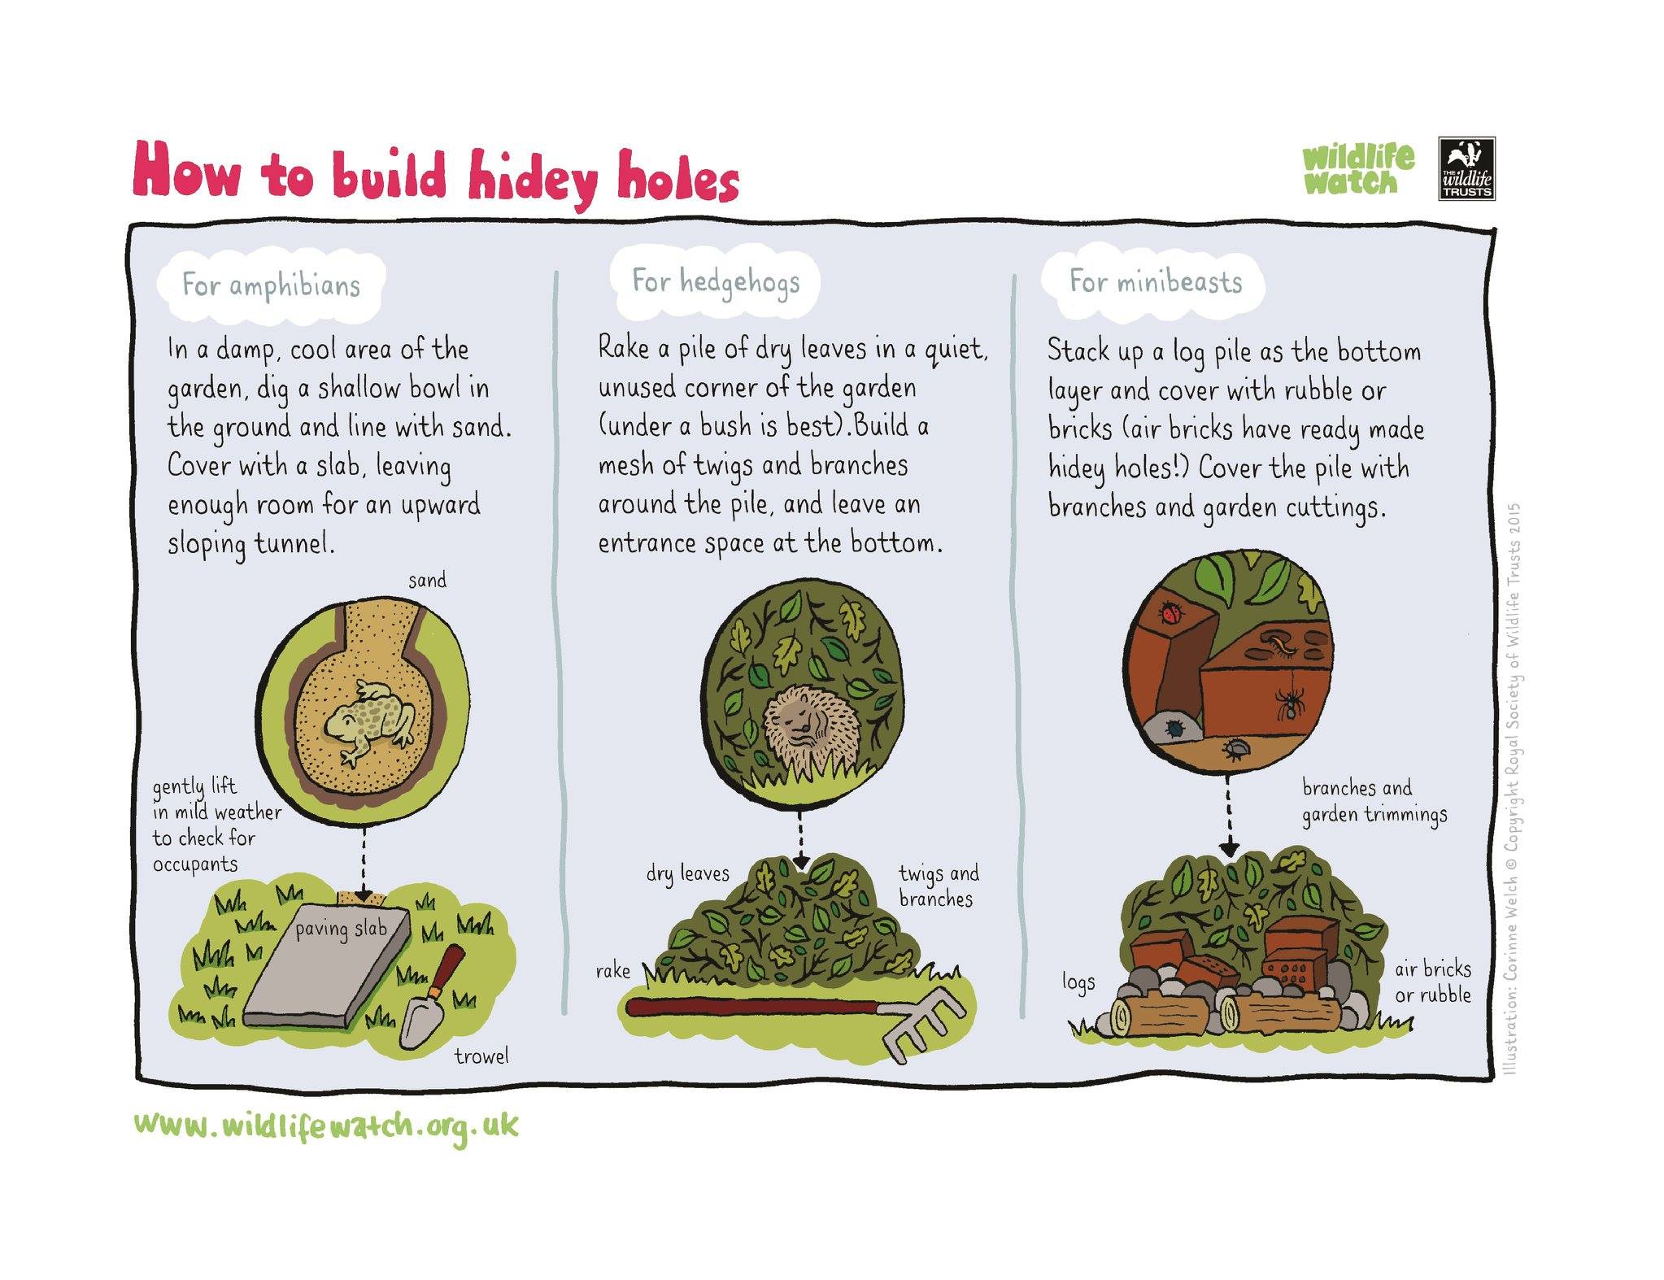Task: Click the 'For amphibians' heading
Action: click(271, 285)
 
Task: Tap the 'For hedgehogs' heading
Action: click(716, 282)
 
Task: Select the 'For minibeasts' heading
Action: click(1156, 282)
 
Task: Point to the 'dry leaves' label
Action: click(688, 873)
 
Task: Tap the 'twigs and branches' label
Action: click(939, 886)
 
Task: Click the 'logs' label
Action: click(1078, 982)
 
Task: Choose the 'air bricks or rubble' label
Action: click(1433, 982)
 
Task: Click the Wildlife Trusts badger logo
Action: click(1466, 168)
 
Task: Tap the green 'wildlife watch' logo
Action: click(1358, 170)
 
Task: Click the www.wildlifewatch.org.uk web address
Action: click(325, 1127)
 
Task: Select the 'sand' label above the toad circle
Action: click(427, 581)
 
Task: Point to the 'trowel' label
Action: click(481, 1056)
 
